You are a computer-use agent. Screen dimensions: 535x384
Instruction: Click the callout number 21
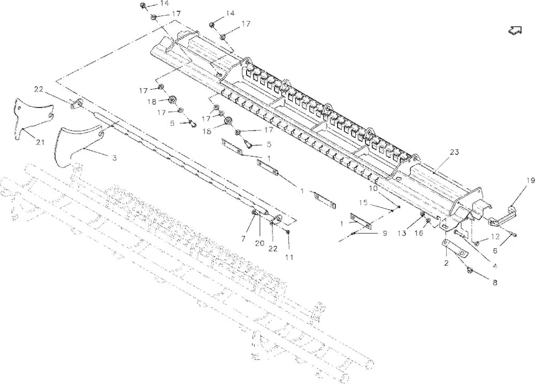point(40,142)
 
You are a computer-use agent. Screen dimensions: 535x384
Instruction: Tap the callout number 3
point(114,158)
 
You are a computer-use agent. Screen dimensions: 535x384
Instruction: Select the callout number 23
point(454,152)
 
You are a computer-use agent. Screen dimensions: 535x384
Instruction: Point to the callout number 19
point(530,181)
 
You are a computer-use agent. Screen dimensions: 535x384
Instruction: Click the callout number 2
point(446,263)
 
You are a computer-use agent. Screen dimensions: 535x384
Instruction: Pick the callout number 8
point(495,282)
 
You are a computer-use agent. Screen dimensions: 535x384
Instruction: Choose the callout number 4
point(495,266)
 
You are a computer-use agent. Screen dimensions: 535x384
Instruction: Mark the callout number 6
point(495,251)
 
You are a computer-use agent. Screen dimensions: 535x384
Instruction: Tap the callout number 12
point(495,236)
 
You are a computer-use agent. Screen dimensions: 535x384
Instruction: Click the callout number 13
point(402,233)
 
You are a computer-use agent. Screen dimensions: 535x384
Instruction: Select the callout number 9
point(385,233)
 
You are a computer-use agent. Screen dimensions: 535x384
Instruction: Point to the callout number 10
point(373,188)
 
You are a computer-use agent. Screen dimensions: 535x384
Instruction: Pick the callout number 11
point(289,257)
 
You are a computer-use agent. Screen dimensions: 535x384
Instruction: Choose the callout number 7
point(243,239)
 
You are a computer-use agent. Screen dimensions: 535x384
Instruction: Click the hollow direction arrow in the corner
point(515,30)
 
